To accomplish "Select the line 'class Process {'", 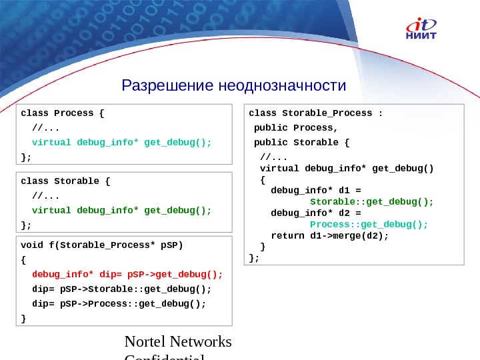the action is [63, 113].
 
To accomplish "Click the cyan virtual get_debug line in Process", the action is [121, 142].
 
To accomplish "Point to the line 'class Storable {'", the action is [65, 181].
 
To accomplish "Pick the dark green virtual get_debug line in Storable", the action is [121, 210].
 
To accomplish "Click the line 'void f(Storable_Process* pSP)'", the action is [101, 244].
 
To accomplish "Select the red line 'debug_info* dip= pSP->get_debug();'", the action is [127, 274].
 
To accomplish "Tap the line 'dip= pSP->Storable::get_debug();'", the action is [121, 289].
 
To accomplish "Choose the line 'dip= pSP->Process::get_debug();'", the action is [119, 303].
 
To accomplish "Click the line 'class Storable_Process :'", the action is [315, 113].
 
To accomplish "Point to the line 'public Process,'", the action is [296, 127].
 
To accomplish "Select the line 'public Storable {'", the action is [301, 142].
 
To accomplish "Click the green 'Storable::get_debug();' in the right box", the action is [372, 201].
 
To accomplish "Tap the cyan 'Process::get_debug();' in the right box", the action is [369, 224].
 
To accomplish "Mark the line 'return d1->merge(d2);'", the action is [329, 235].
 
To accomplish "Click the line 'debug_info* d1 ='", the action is [316, 190].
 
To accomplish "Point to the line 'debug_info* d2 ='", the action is [316, 213].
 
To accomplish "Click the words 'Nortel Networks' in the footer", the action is [178, 342].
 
